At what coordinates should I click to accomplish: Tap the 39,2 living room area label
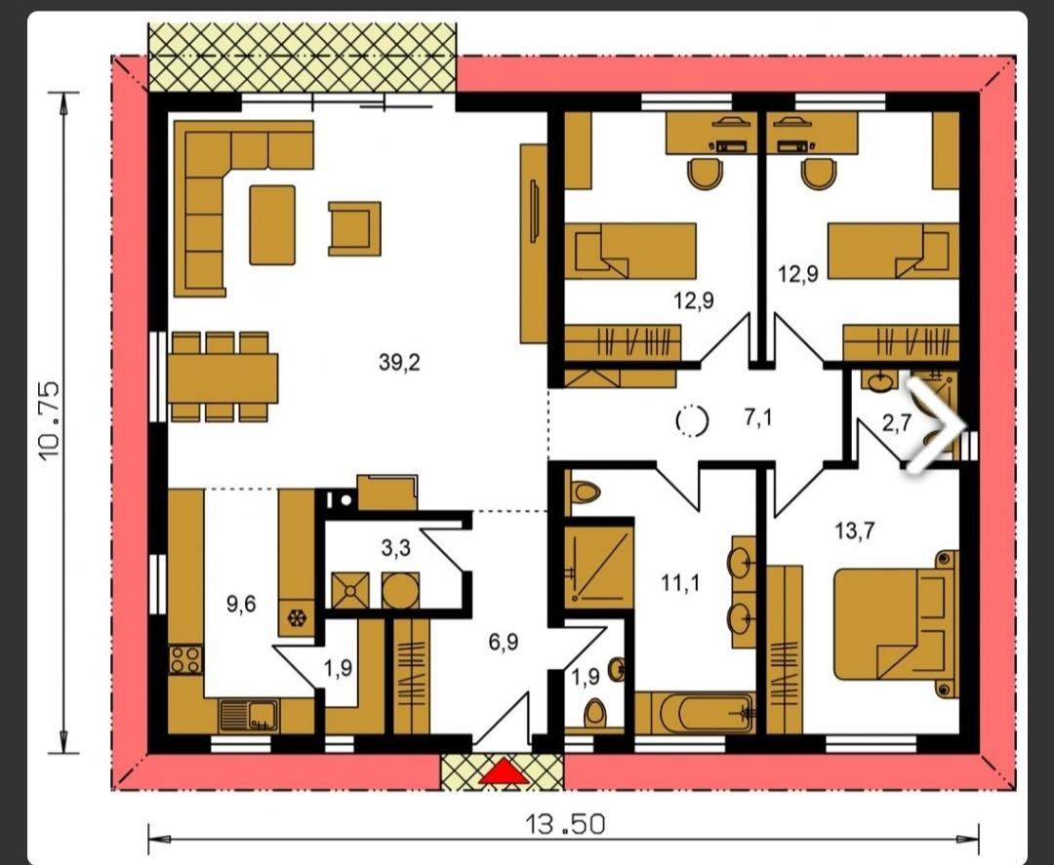399,363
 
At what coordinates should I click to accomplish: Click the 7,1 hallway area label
758,417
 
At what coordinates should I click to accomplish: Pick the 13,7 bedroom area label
854,531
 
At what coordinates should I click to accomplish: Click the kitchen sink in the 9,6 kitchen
249,715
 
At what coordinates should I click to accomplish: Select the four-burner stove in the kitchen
185,659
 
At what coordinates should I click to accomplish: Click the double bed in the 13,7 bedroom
896,624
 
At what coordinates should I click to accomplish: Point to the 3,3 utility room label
395,548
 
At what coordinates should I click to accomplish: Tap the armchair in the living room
354,229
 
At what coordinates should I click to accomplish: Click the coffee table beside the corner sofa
272,225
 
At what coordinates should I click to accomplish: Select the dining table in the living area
223,378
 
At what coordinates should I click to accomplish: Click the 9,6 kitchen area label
241,605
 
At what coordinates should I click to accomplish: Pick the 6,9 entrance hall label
503,642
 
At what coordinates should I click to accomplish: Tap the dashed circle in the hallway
692,421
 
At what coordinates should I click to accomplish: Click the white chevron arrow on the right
936,423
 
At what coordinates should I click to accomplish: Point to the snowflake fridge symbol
296,618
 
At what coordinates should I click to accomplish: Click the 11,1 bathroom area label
679,583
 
